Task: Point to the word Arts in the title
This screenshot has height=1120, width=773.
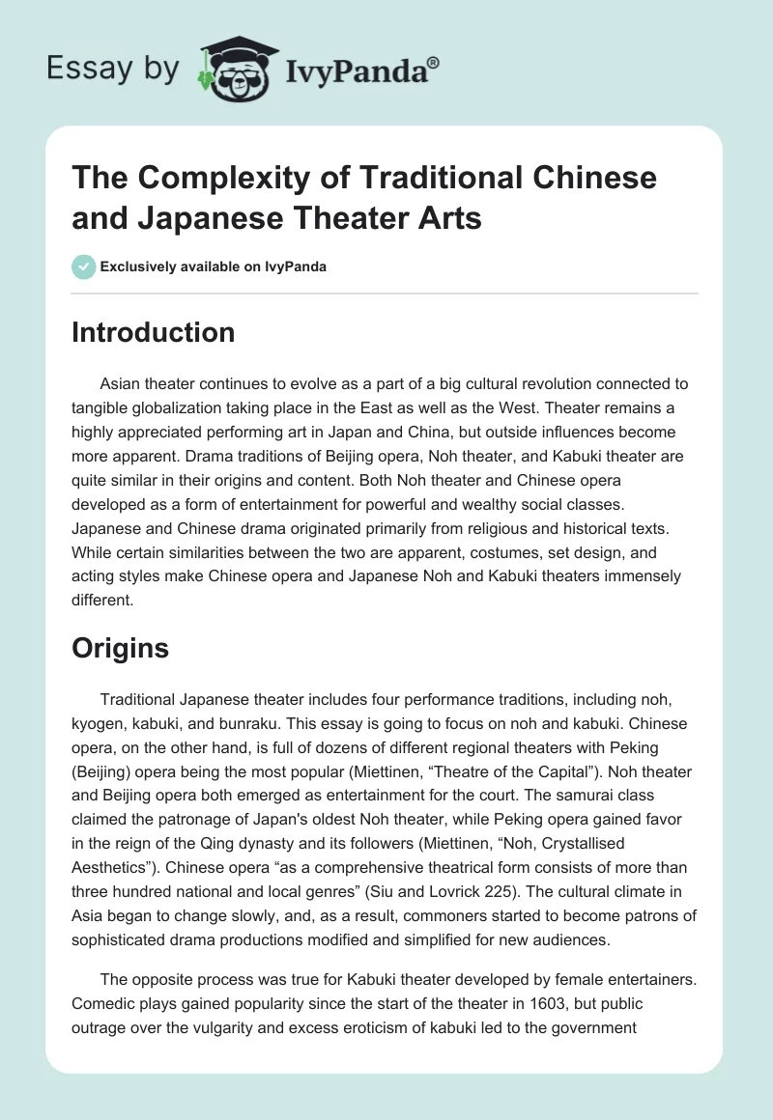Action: (447, 218)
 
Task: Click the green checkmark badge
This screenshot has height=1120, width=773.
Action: (84, 266)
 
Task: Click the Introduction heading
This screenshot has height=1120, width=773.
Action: (153, 332)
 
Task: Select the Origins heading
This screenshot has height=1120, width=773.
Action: (120, 649)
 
